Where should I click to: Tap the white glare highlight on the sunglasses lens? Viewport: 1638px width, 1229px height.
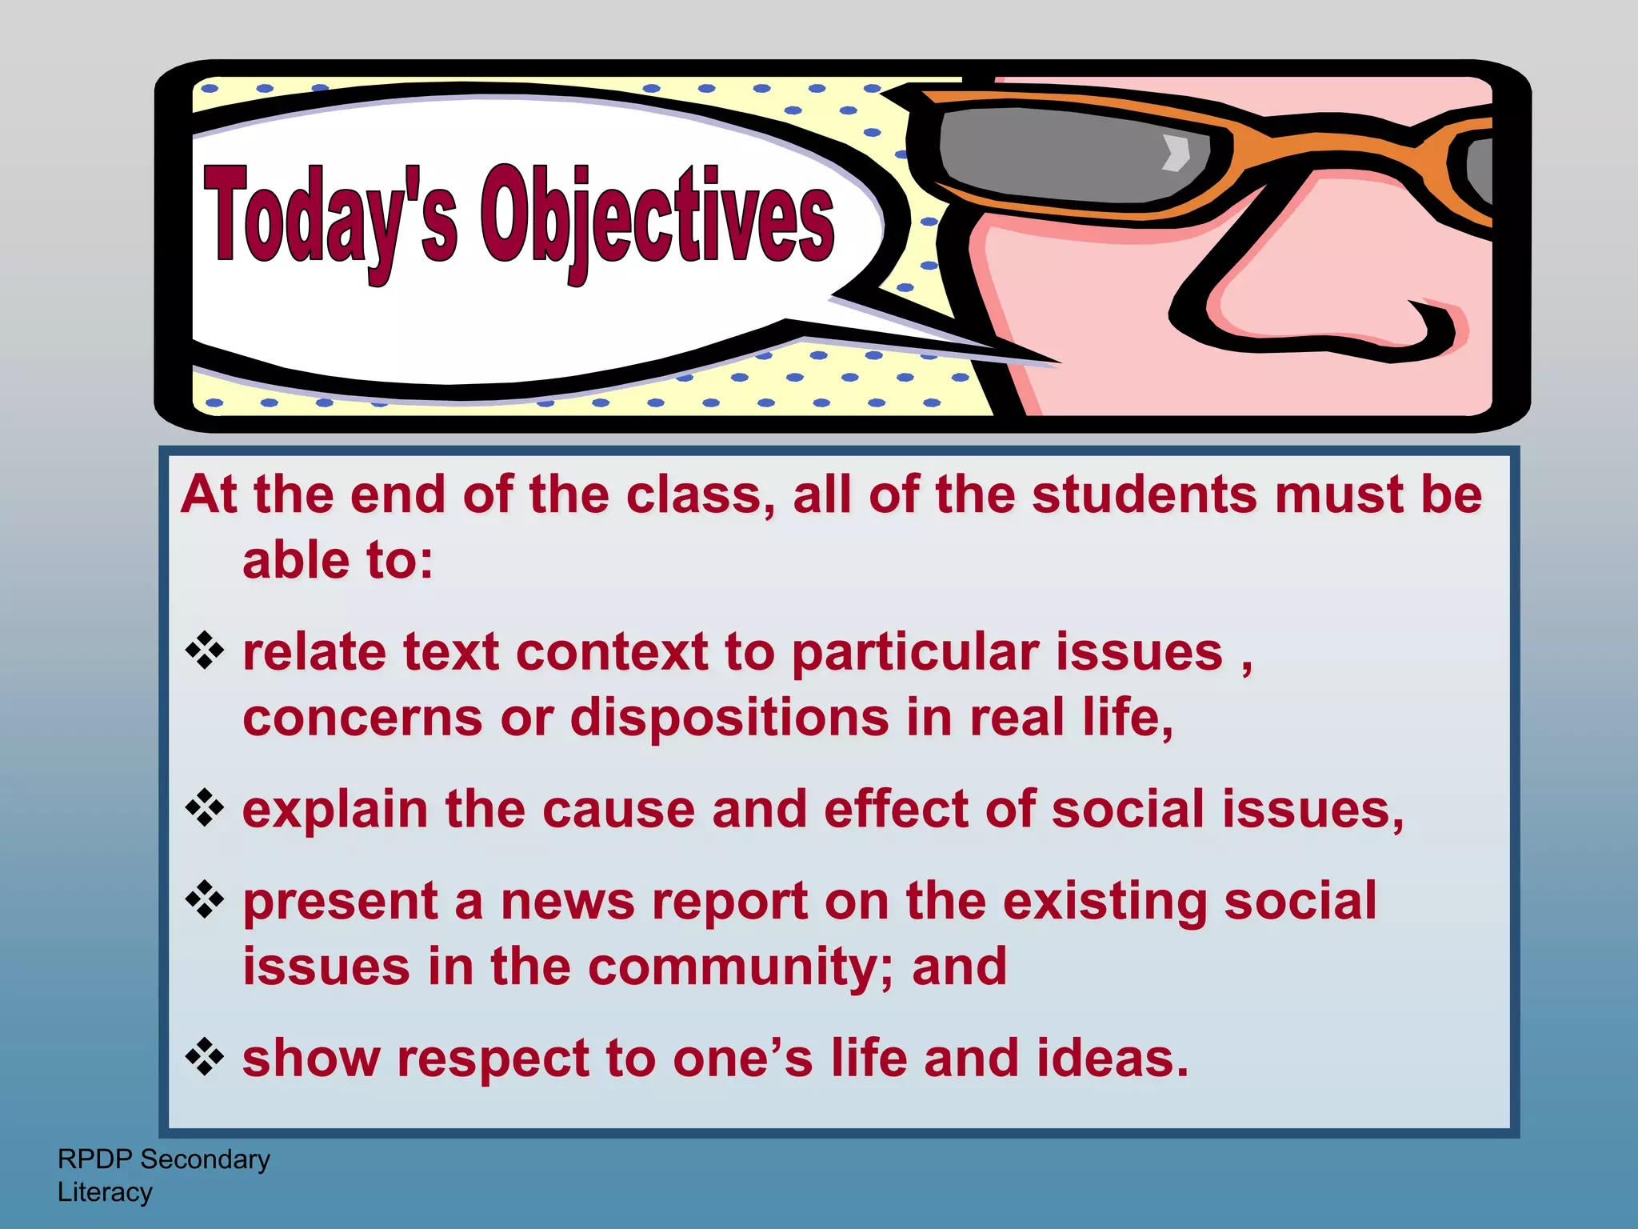point(1176,153)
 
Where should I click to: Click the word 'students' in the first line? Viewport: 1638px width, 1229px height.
point(1144,494)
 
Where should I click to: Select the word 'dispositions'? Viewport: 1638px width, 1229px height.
point(729,718)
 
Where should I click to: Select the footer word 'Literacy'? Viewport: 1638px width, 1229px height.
point(105,1192)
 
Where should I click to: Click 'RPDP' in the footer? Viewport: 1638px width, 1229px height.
point(94,1159)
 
